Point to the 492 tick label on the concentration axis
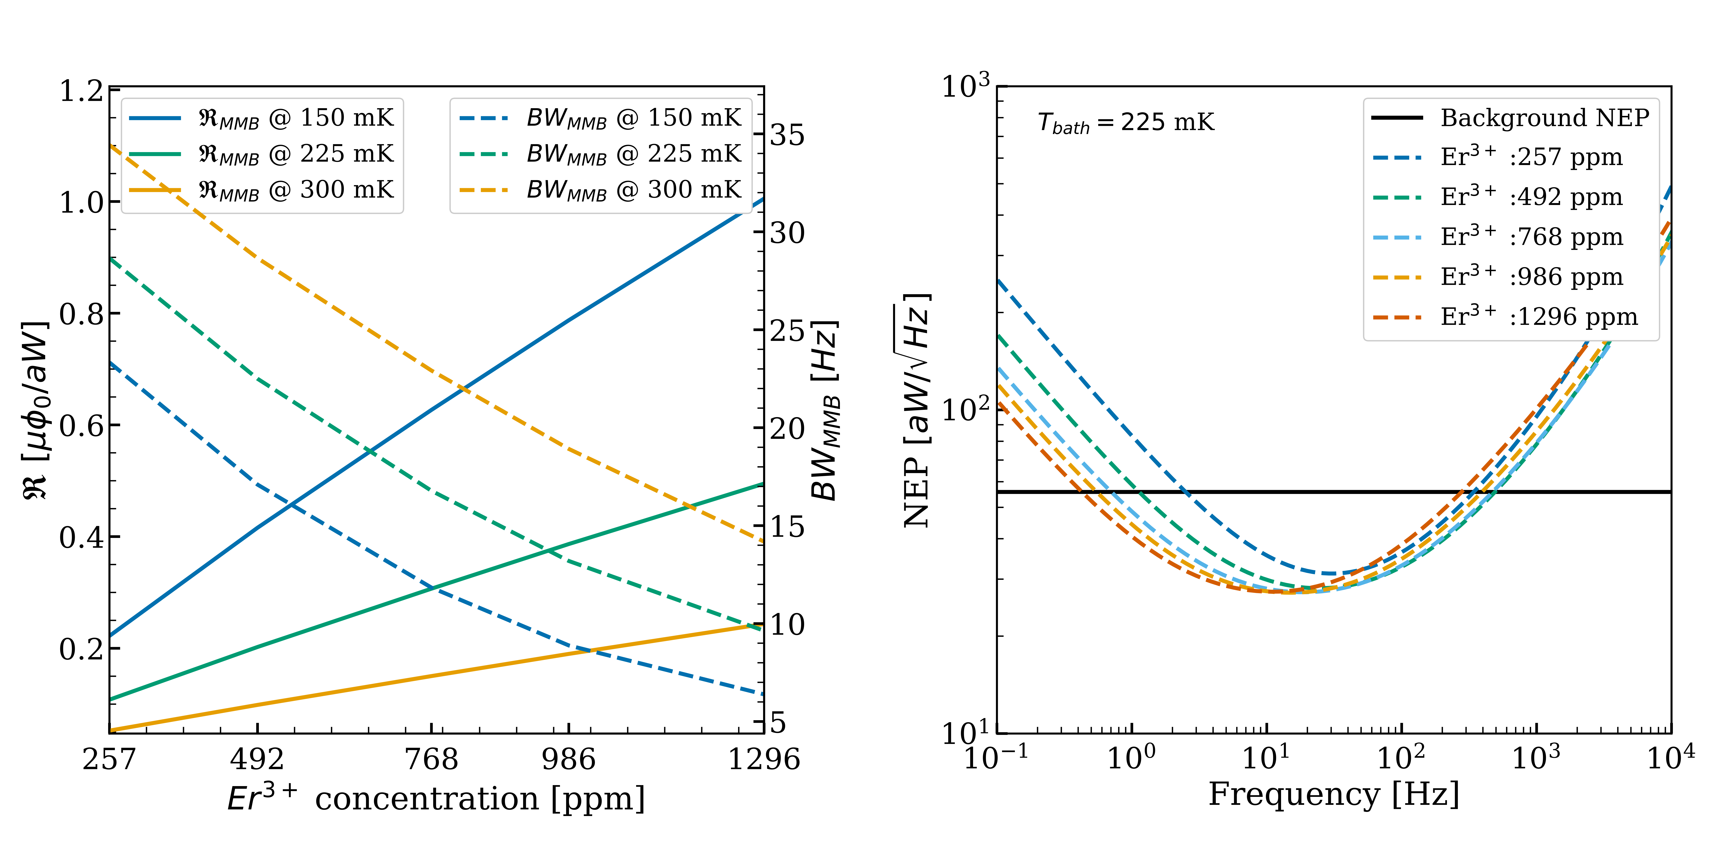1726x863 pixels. [x=257, y=759]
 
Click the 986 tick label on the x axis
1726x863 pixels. [x=569, y=759]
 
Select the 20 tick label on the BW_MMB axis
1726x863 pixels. [x=787, y=429]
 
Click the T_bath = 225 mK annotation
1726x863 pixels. [x=1126, y=123]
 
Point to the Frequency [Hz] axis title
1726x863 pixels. [x=1333, y=795]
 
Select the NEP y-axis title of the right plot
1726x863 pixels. [x=917, y=410]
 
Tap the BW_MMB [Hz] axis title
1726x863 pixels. [x=825, y=410]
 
